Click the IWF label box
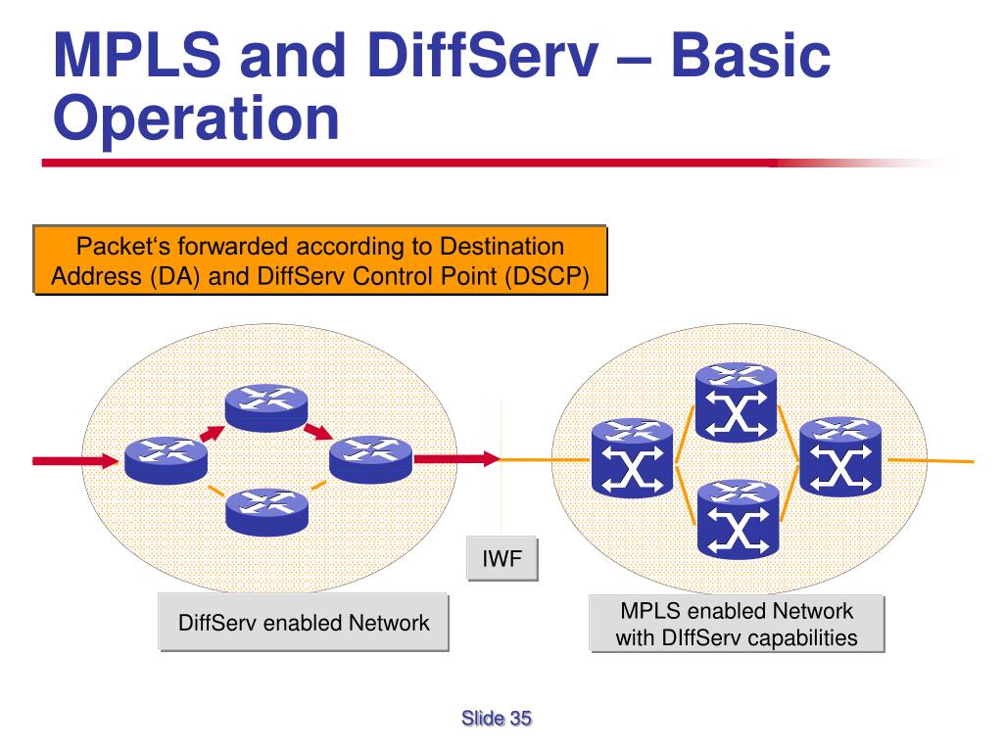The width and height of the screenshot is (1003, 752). pyautogui.click(x=502, y=561)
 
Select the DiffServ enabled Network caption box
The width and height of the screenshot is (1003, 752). pyautogui.click(x=304, y=623)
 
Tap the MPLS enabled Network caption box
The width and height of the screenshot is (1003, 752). pyautogui.click(x=737, y=625)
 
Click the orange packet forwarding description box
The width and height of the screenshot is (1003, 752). pyautogui.click(x=320, y=260)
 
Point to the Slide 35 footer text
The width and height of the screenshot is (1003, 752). pyautogui.click(x=497, y=720)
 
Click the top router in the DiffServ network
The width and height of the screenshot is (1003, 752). pyautogui.click(x=266, y=405)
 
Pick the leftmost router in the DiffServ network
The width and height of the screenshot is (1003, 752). pyautogui.click(x=166, y=458)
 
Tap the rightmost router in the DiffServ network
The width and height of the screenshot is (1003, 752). pyautogui.click(x=370, y=458)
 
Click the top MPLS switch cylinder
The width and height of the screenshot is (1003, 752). pyautogui.click(x=736, y=401)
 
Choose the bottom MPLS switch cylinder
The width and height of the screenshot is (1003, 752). pyautogui.click(x=736, y=515)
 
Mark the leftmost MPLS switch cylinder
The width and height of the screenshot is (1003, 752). pyautogui.click(x=633, y=458)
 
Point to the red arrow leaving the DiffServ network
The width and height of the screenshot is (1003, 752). pyautogui.click(x=456, y=457)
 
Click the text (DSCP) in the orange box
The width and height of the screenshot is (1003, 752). pyautogui.click(x=548, y=276)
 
